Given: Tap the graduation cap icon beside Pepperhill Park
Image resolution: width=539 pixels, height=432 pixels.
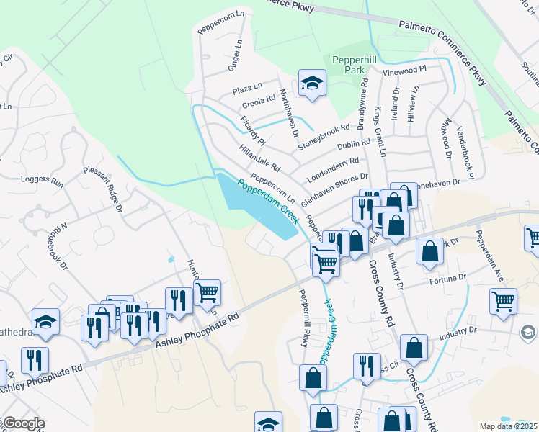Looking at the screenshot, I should tap(312, 84).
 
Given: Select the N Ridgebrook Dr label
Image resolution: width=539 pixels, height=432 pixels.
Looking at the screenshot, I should tap(59, 245).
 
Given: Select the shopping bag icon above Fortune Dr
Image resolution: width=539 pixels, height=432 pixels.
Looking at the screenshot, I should tap(429, 252).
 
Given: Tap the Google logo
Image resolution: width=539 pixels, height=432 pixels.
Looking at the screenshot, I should tap(23, 423).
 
